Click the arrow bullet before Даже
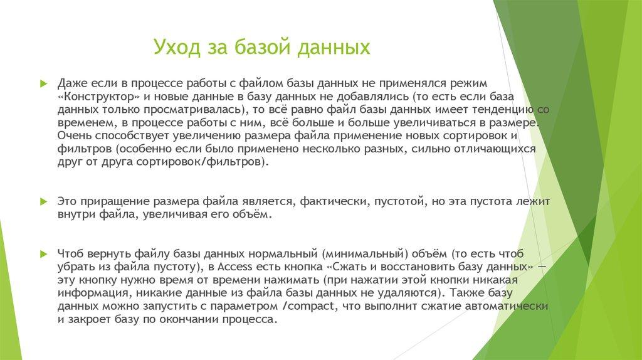click(x=43, y=83)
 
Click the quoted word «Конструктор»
click(x=99, y=97)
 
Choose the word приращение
click(x=114, y=202)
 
